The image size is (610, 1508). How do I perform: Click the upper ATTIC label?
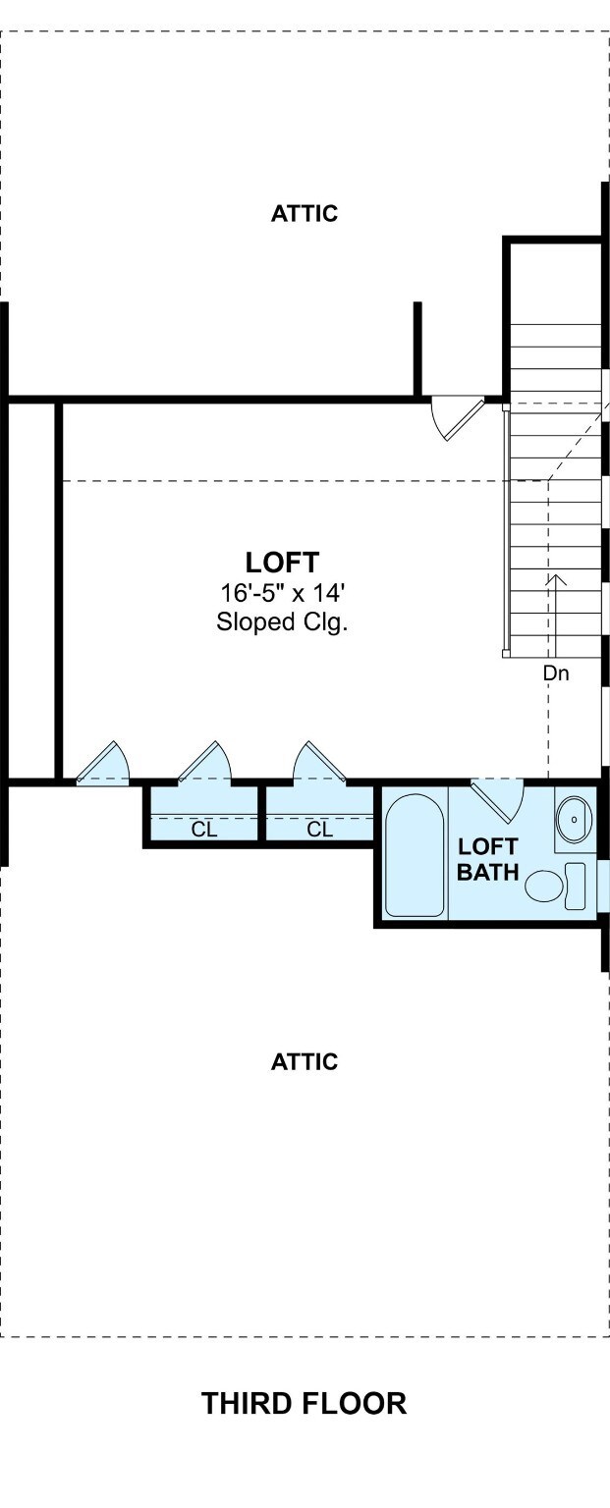click(305, 213)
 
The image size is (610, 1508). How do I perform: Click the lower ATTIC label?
click(305, 1061)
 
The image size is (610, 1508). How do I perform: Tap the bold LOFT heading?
click(282, 562)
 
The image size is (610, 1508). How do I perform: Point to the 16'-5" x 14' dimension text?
click(283, 592)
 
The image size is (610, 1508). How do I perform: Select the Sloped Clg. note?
click(282, 620)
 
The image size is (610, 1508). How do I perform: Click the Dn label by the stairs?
click(556, 673)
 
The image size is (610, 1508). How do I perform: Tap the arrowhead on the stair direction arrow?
click(556, 580)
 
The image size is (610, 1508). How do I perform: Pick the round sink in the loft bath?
click(575, 819)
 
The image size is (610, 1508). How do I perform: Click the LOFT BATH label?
click(488, 858)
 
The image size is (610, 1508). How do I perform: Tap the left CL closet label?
click(204, 830)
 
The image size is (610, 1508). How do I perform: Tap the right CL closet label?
click(320, 830)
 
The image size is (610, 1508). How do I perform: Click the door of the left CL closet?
click(204, 762)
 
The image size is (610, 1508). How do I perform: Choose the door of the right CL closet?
click(320, 762)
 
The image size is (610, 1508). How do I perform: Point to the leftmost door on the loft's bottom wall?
click(102, 762)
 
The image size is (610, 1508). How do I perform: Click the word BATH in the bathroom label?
click(488, 872)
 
